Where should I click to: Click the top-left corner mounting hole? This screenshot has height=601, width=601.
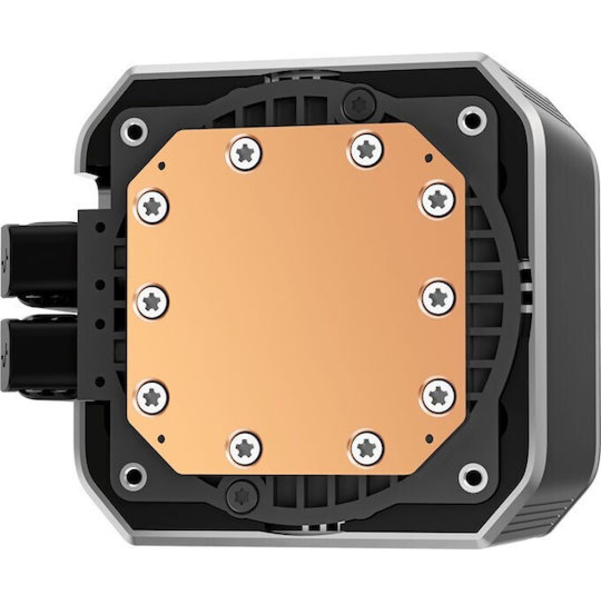131,129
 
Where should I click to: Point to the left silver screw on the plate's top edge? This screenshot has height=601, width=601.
246,152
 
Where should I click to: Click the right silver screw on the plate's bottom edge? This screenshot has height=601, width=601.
367,444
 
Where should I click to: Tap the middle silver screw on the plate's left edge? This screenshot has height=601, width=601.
152,300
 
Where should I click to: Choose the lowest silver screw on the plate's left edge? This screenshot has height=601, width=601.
152,397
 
